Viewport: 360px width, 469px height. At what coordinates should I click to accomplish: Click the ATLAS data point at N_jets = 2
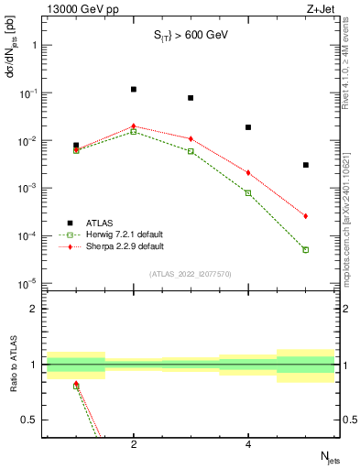[134, 90]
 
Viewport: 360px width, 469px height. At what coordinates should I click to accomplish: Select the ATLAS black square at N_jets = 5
[306, 165]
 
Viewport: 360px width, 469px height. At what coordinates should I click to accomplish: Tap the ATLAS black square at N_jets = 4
[248, 127]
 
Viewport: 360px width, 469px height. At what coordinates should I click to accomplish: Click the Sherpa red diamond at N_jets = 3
[191, 138]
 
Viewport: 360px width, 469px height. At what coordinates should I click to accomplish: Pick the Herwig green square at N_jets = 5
[306, 249]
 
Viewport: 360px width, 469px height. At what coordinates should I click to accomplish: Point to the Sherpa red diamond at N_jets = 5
[306, 216]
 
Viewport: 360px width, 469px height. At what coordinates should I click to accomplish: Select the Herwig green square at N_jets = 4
[248, 192]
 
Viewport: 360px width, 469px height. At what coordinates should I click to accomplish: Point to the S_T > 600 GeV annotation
[190, 36]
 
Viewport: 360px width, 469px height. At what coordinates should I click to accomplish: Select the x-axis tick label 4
[248, 445]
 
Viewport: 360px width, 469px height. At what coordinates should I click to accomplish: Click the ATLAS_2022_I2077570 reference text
[190, 273]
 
